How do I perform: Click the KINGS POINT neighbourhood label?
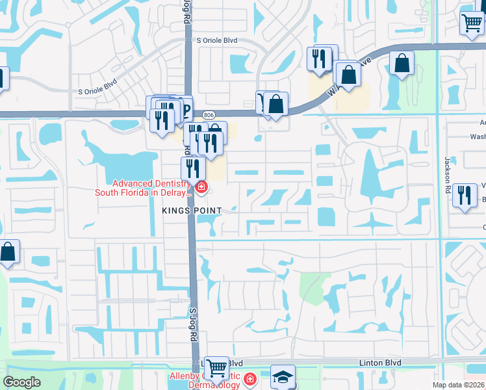coord(192,211)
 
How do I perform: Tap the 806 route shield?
coord(209,114)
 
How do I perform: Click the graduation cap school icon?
coord(283,377)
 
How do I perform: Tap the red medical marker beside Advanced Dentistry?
coord(201,188)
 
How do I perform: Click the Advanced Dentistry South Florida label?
coord(144,188)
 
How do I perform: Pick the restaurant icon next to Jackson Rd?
coord(464,196)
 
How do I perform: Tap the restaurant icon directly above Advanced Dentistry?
coord(193,168)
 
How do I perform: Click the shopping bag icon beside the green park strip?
coord(402,64)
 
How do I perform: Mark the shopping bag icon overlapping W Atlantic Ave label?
coord(348,73)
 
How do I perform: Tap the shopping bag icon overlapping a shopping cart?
coord(276,103)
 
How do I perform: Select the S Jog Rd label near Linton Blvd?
coord(194,325)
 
